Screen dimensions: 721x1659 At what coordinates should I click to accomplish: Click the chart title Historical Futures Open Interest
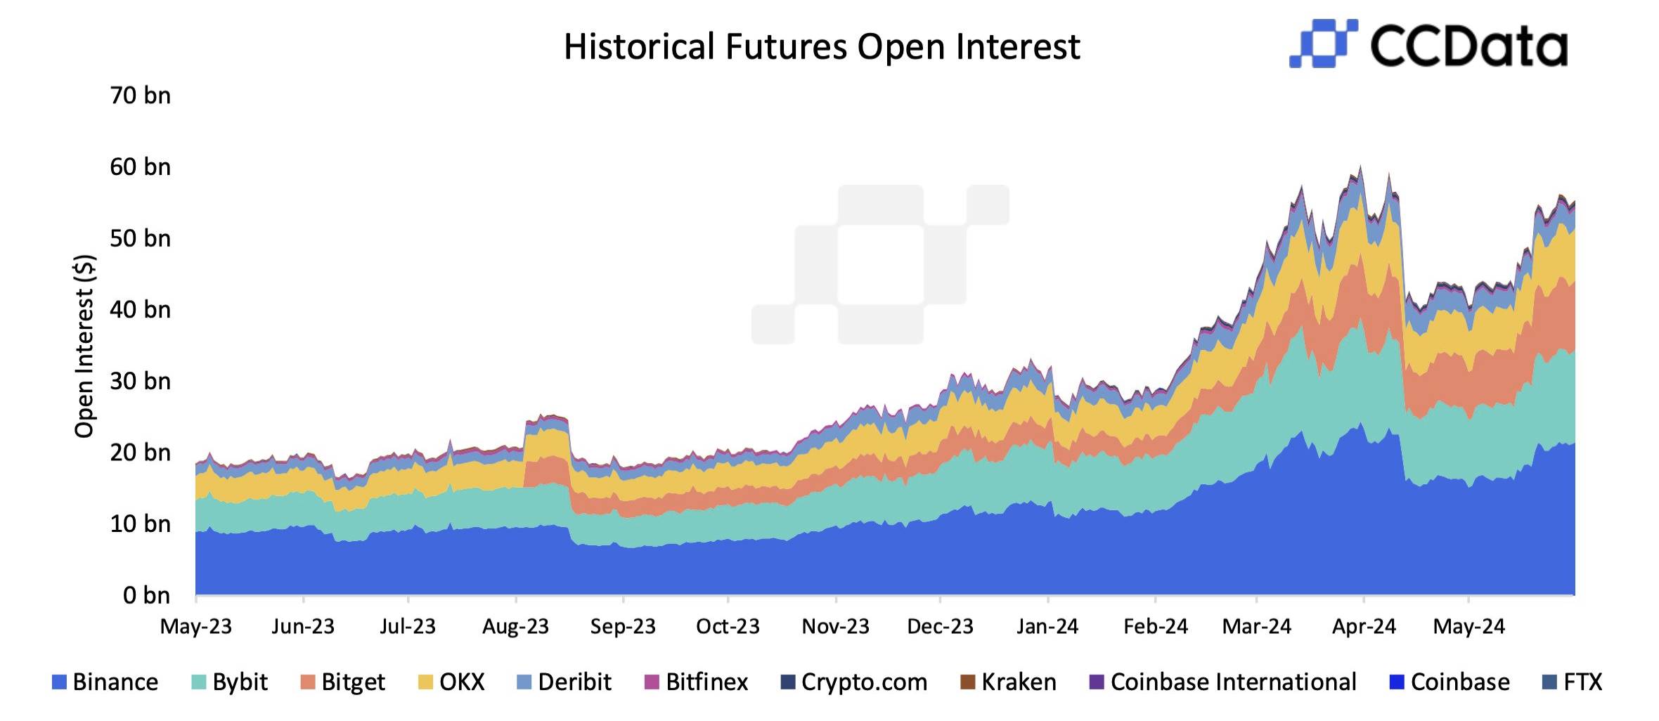[x=821, y=47]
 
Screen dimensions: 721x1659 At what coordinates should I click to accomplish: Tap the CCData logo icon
[x=1322, y=44]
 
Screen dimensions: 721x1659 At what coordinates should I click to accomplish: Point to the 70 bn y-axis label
[x=140, y=96]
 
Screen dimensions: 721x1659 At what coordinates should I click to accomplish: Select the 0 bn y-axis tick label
[x=146, y=595]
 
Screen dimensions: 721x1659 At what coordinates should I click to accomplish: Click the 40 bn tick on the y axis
[x=140, y=310]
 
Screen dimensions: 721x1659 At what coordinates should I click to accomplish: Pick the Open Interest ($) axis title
[x=84, y=346]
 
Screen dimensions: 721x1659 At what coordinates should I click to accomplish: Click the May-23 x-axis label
[x=195, y=626]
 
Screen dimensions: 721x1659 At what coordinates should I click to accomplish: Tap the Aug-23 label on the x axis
[x=515, y=626]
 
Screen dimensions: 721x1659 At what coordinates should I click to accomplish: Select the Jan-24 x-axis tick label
[x=1047, y=626]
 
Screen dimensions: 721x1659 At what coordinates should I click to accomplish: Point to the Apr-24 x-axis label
[x=1364, y=626]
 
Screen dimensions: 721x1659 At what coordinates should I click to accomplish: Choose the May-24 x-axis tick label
[x=1468, y=626]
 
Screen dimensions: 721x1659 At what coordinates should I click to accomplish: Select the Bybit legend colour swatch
[x=199, y=682]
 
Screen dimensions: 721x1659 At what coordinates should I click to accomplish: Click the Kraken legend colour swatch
[x=967, y=682]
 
